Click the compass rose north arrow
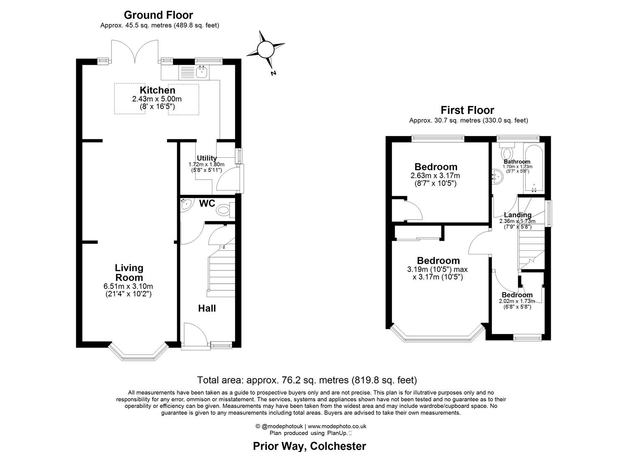[x=266, y=50]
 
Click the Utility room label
[x=207, y=158]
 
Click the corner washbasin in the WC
[x=186, y=204]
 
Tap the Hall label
[x=207, y=308]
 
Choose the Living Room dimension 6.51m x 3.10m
[x=128, y=286]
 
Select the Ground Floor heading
[x=158, y=15]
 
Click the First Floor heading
[x=467, y=110]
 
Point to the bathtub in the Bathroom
[x=534, y=167]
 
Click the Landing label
[x=518, y=215]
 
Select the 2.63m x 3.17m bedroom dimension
[x=435, y=176]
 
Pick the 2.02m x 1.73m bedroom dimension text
[x=517, y=301]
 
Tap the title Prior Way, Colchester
[x=310, y=446]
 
